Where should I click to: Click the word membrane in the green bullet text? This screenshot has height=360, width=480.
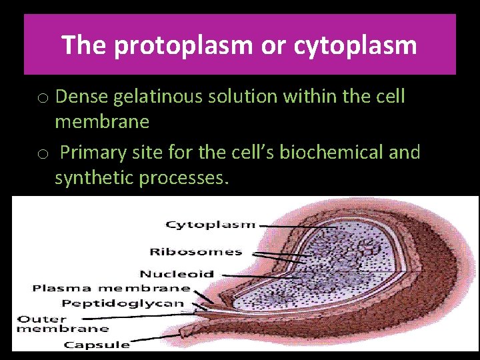(x=102, y=122)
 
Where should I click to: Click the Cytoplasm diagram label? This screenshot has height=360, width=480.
(x=210, y=225)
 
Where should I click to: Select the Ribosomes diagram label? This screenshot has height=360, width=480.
(x=195, y=251)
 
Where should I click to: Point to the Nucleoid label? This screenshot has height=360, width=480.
(x=177, y=273)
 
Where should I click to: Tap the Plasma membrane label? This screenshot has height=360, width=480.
(x=111, y=288)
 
